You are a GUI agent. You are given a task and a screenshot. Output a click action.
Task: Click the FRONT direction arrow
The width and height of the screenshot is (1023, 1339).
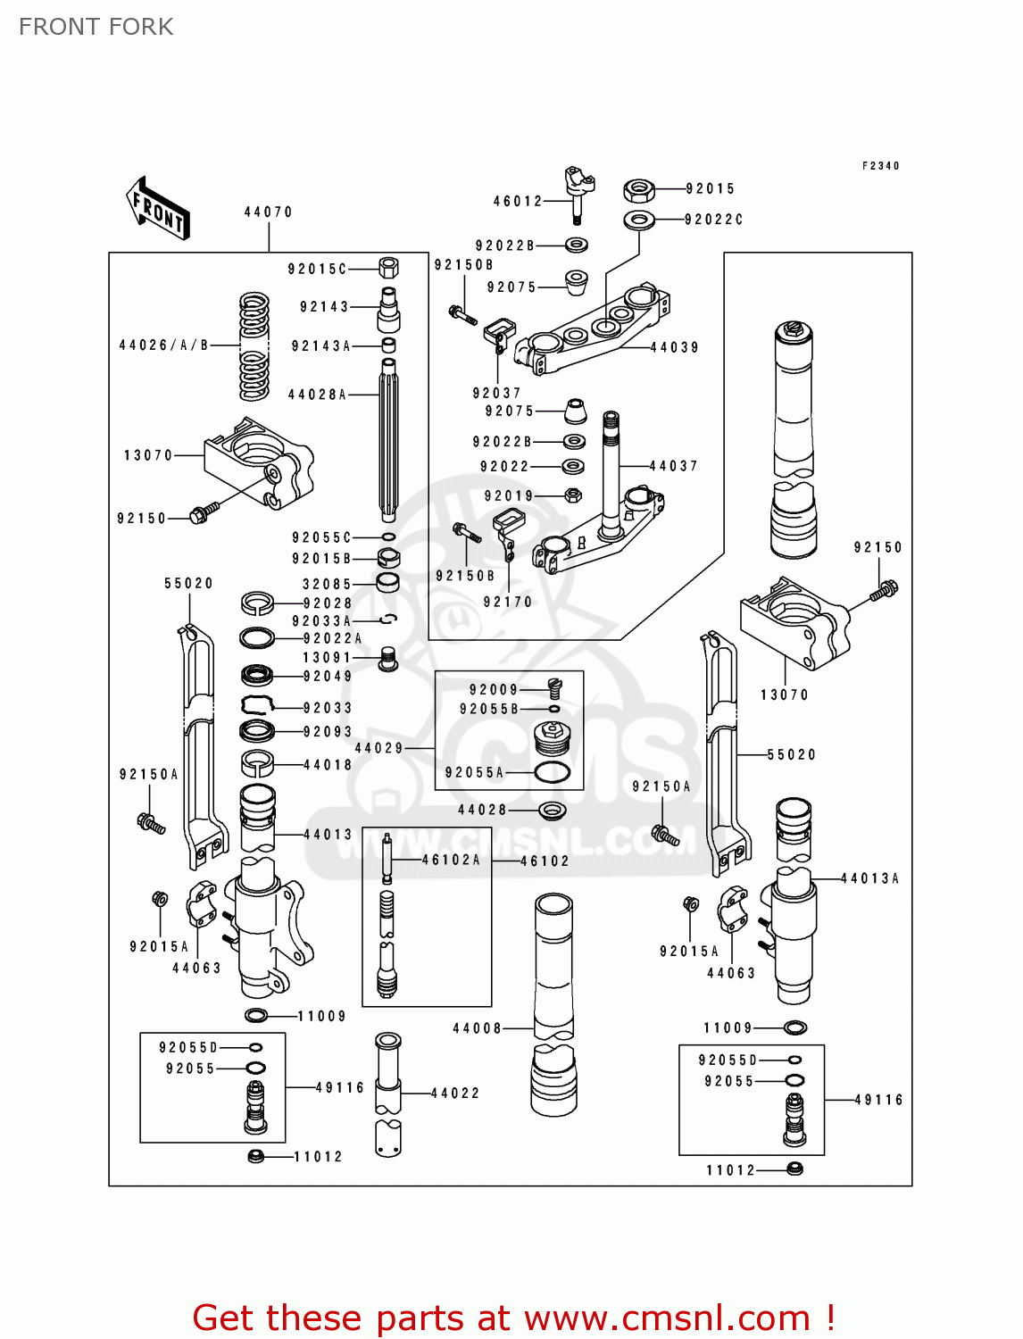coord(158,209)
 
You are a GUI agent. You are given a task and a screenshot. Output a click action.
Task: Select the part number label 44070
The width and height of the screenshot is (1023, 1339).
coord(268,212)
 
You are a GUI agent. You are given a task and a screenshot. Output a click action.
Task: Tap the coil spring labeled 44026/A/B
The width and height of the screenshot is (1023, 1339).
coord(254,346)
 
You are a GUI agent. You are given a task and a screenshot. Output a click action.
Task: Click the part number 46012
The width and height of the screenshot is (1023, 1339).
coord(518,202)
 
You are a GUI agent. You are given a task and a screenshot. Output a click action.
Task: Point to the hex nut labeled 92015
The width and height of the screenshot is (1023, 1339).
coord(638,190)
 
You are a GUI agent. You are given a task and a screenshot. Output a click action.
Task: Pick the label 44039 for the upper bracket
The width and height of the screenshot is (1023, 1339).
coord(674,348)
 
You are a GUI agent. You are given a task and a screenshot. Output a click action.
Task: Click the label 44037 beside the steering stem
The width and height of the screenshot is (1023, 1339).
coord(673,466)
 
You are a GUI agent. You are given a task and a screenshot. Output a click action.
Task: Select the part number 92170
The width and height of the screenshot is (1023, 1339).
coord(507,603)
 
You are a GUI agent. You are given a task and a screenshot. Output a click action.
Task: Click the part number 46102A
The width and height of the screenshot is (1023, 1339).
coord(451,860)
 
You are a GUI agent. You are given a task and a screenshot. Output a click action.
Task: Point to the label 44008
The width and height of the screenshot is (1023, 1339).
coord(477,1028)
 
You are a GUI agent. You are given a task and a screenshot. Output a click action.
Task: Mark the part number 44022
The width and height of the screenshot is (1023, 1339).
coord(454,1093)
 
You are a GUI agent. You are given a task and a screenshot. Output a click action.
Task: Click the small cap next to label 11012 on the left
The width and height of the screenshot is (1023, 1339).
coord(255,1156)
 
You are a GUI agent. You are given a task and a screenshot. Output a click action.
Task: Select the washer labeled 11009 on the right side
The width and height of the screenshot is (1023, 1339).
coord(794,1028)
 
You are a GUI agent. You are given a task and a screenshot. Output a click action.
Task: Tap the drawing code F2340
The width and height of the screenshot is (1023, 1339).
coord(880,166)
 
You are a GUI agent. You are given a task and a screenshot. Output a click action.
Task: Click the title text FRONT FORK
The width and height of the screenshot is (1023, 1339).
coord(96,27)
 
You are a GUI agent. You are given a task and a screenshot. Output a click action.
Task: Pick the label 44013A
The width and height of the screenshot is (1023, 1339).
coord(869,879)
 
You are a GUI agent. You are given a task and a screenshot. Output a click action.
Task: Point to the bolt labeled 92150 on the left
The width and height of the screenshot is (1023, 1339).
coord(204,511)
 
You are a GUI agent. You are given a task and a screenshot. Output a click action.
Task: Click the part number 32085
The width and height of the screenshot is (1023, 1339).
coord(327,585)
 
